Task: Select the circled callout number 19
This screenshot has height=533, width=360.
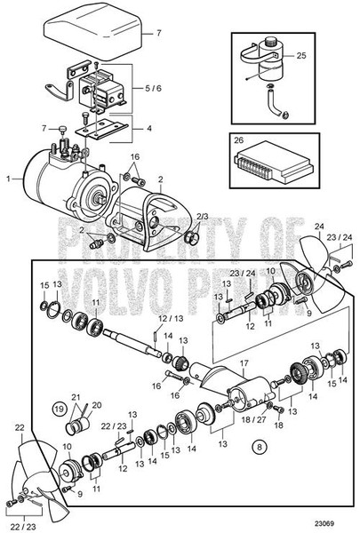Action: [x=60, y=410]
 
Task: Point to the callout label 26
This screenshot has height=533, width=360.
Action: [x=237, y=139]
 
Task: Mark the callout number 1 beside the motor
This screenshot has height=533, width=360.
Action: [x=8, y=178]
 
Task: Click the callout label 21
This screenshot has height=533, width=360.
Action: [x=75, y=397]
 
